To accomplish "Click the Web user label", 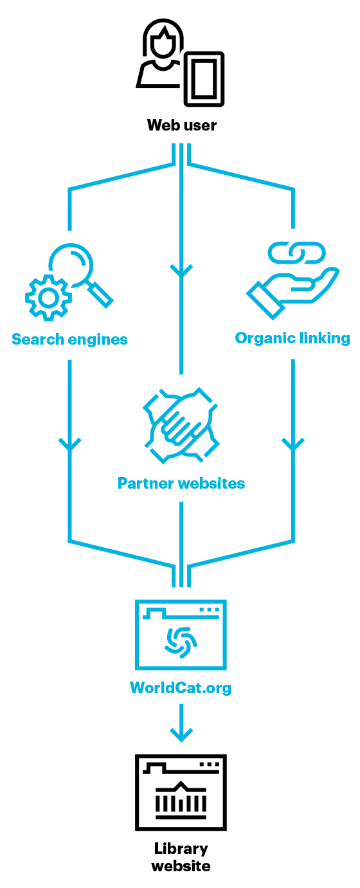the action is coord(181,125).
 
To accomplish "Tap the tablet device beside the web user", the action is coord(204,79).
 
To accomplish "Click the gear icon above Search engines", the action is coord(48,297).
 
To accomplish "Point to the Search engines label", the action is coord(70,340).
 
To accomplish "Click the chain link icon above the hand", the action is coord(296,253).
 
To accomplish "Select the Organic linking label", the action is coord(292,338).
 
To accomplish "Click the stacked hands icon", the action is coord(181,426).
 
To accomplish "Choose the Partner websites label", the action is coord(181,484).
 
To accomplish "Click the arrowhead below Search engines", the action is coord(70,444).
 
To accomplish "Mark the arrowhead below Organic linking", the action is coord(293,444).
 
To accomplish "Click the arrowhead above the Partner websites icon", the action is coord(181,271).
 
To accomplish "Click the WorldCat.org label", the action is coord(181,688).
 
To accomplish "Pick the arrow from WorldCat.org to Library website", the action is coord(181,723).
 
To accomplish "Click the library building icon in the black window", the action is coord(181,801).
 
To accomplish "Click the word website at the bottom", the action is coord(181,865).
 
